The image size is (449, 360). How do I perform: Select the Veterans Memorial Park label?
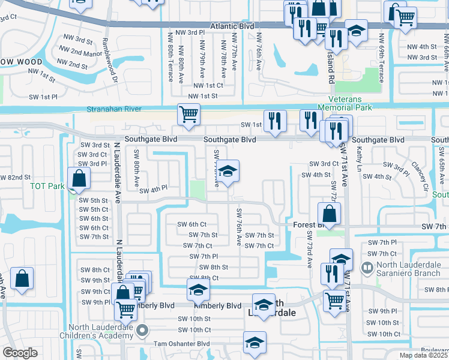pyautogui.click(x=349, y=103)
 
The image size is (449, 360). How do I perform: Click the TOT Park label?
pyautogui.click(x=47, y=186)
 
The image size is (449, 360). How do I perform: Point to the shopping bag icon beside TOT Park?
pyautogui.click(x=79, y=178)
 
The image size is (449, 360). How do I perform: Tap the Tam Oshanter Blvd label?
pyautogui.click(x=181, y=343)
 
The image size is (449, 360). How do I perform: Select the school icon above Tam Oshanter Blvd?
pyautogui.click(x=255, y=342)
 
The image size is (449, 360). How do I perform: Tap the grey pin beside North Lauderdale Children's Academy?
pyautogui.click(x=142, y=330)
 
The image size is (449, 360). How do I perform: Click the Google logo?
pyautogui.click(x=20, y=353)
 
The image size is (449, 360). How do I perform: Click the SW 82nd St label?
pyautogui.click(x=14, y=177)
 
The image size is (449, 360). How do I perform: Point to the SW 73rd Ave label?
pyautogui.click(x=310, y=250)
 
